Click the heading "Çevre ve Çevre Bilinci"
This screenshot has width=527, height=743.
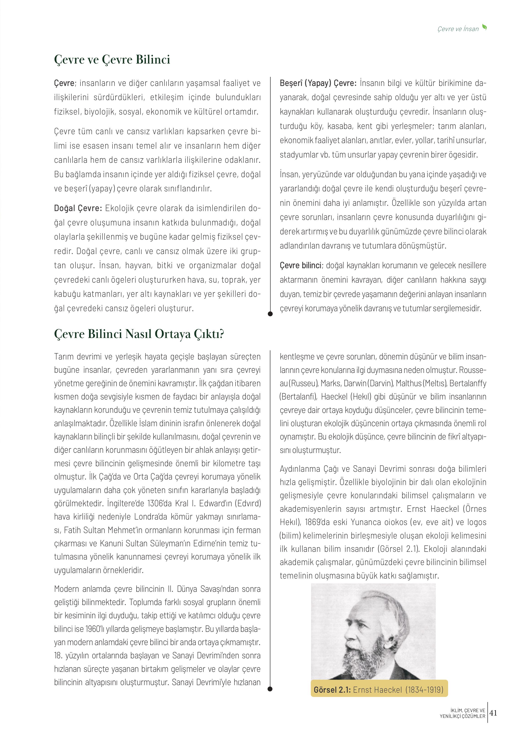[112, 60]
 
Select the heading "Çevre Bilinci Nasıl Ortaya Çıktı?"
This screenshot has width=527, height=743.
[139, 334]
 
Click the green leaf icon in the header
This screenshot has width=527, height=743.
[484, 28]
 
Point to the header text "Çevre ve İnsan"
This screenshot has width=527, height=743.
[458, 29]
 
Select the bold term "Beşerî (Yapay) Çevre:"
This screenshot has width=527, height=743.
[318, 83]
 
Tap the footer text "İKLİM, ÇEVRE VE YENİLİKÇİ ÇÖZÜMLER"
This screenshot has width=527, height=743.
[462, 713]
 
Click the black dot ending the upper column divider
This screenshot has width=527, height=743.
[270, 314]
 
